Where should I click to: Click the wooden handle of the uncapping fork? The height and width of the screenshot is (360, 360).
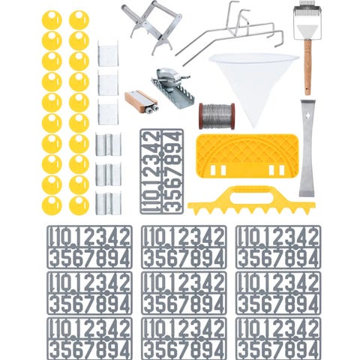pyautogui.click(x=307, y=67)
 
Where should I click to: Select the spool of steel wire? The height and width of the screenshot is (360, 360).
pyautogui.click(x=217, y=116)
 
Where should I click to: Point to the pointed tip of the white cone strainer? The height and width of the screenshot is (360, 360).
pyautogui.click(x=254, y=126)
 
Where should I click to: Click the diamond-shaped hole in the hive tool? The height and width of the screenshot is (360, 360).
pyautogui.click(x=307, y=116)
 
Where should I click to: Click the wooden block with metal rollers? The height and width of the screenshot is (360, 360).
pyautogui.click(x=141, y=102)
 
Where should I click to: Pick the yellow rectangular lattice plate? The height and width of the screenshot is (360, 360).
pyautogui.click(x=247, y=156)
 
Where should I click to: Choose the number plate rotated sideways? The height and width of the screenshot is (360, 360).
pyautogui.click(x=161, y=172)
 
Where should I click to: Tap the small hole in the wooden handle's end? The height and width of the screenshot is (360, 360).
pyautogui.click(x=307, y=89)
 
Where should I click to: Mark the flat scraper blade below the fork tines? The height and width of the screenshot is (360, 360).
pyautogui.click(x=307, y=31)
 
